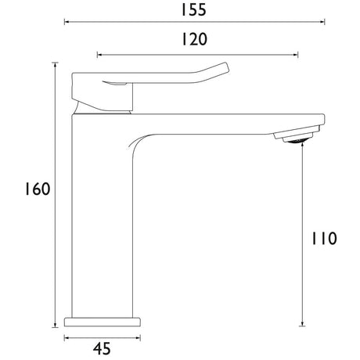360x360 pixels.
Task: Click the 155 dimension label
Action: click(x=193, y=10)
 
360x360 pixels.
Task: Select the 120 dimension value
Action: click(x=194, y=39)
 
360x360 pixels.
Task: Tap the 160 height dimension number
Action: click(x=37, y=189)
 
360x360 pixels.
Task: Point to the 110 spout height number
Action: click(x=324, y=239)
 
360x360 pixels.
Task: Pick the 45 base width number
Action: click(x=102, y=348)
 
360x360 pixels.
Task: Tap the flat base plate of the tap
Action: click(x=103, y=322)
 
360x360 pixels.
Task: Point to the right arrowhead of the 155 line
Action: click(x=322, y=22)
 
